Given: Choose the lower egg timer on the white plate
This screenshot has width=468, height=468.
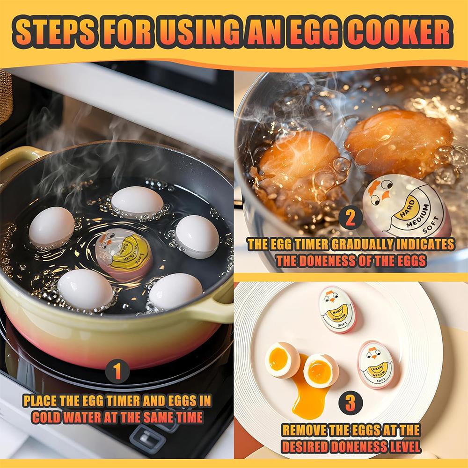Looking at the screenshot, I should coord(375,364).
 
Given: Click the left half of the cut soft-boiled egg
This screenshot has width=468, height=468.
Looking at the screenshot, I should coord(283,359).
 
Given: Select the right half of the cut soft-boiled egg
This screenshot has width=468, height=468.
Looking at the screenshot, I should coord(321,370).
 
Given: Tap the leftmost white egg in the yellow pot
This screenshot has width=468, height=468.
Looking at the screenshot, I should coord(51,227).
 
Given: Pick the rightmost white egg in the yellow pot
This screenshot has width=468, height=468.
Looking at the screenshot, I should coord(197,236).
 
